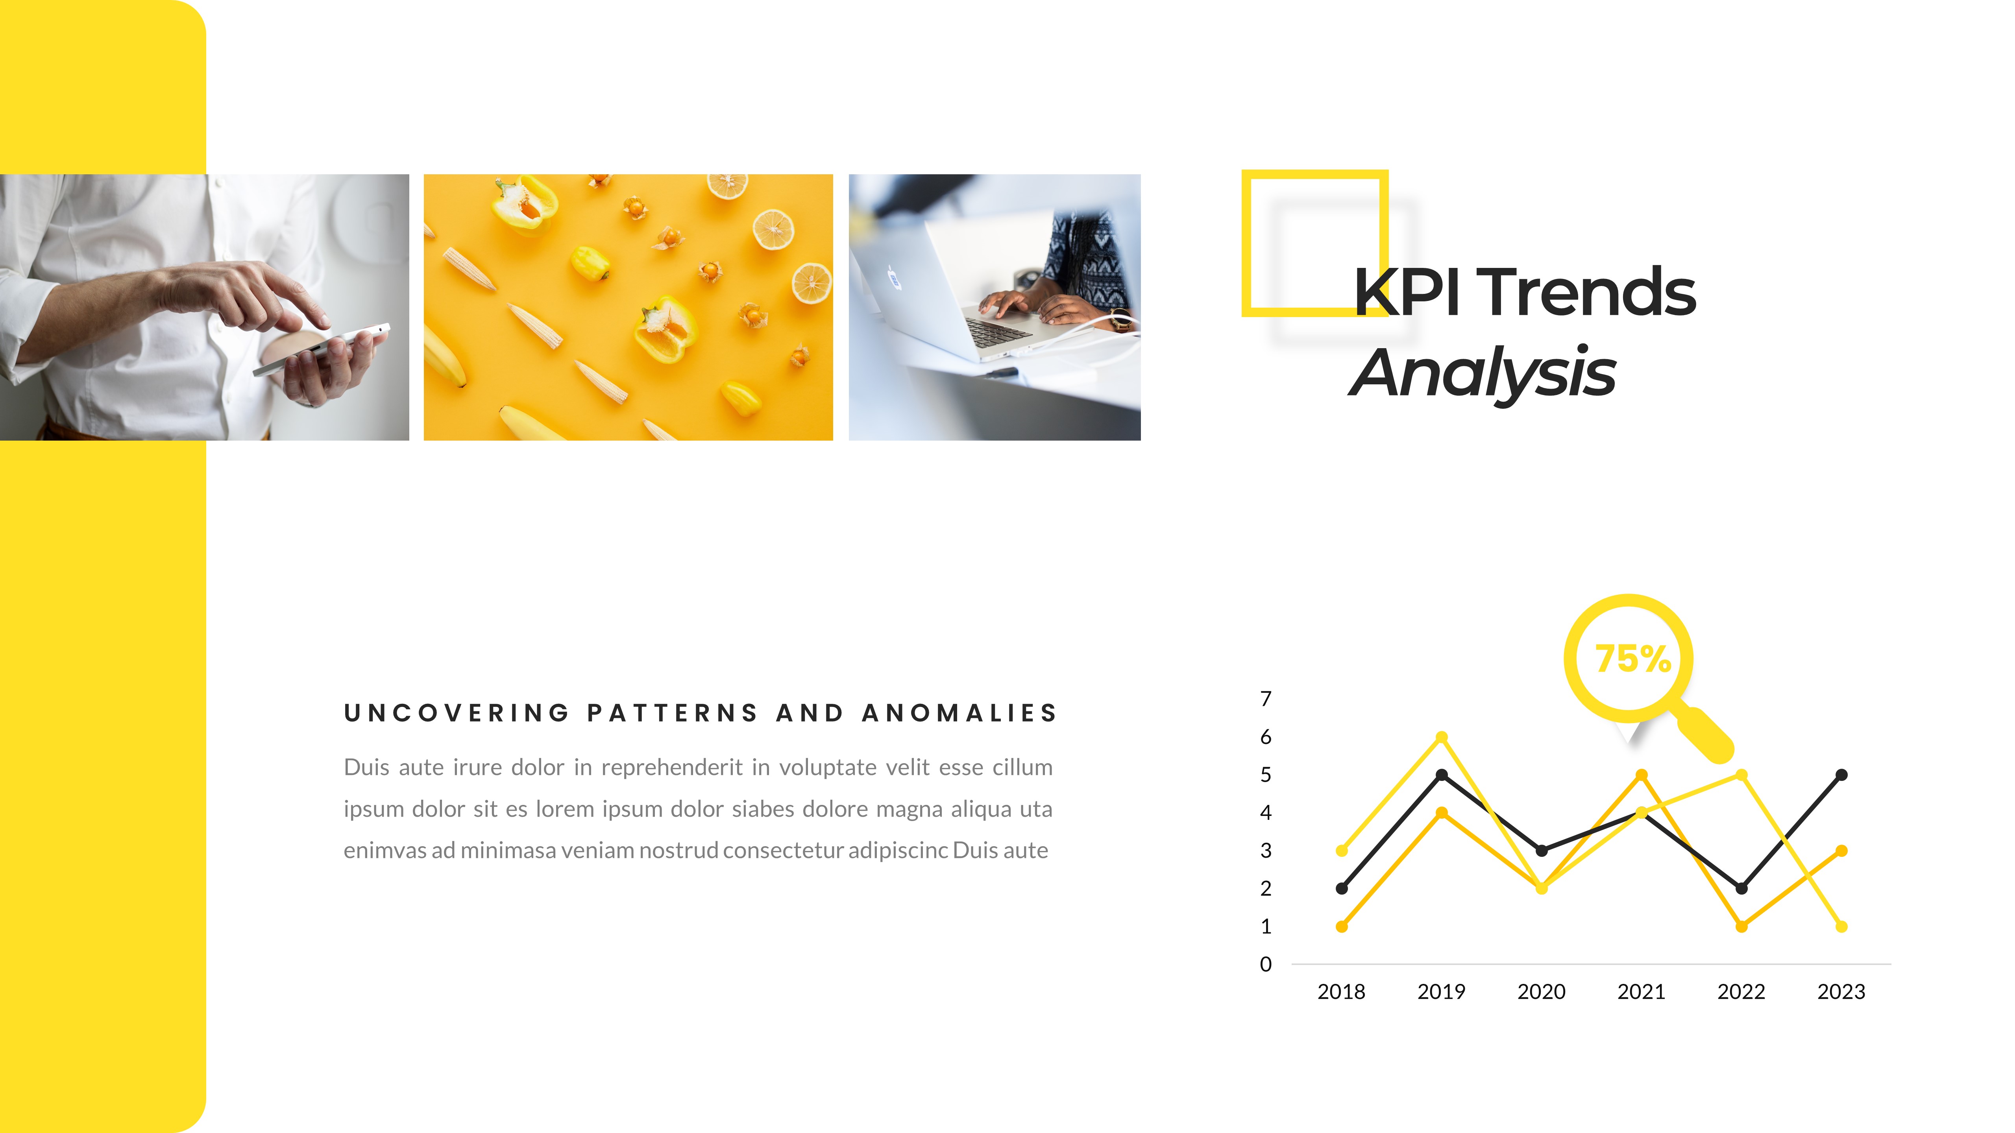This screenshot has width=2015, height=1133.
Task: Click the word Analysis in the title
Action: click(x=1482, y=374)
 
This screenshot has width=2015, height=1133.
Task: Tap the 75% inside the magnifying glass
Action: click(x=1632, y=659)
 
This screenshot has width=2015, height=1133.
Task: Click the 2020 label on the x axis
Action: click(x=1541, y=991)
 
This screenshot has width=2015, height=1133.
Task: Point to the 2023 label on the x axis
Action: click(x=1841, y=991)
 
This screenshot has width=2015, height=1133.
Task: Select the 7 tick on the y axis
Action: click(x=1266, y=698)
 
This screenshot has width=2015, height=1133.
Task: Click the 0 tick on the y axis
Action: click(x=1266, y=964)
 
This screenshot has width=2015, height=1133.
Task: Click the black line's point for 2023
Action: click(x=1841, y=775)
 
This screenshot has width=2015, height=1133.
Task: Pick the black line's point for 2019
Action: click(x=1442, y=775)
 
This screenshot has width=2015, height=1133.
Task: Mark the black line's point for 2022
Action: click(x=1741, y=888)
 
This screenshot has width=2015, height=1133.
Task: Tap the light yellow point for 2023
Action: click(x=1841, y=926)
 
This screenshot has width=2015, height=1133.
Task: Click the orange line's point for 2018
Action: click(x=1342, y=926)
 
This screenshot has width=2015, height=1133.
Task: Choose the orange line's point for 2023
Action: click(x=1841, y=851)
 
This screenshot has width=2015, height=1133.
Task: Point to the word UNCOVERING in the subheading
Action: click(x=457, y=713)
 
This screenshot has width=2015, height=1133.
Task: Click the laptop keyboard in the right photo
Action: click(x=1001, y=332)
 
